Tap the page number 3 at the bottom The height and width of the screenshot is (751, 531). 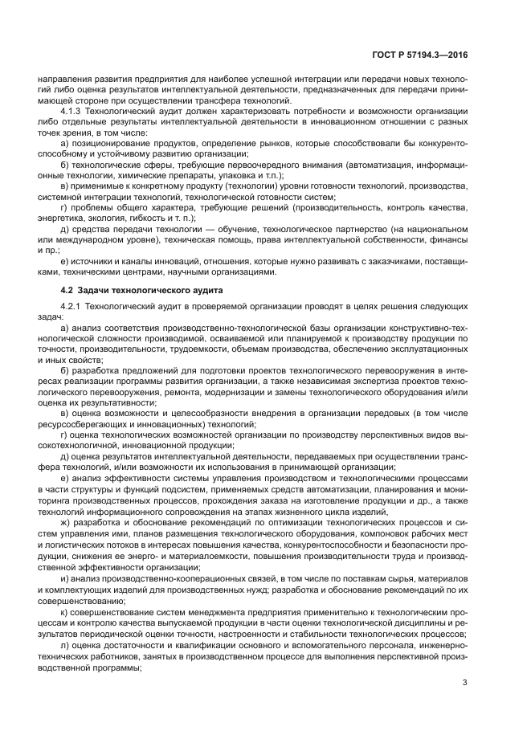465,684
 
